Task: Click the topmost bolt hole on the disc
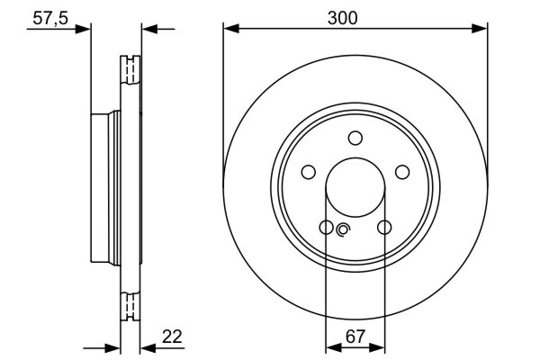355,137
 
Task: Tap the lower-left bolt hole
327,227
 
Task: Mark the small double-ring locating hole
342,230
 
